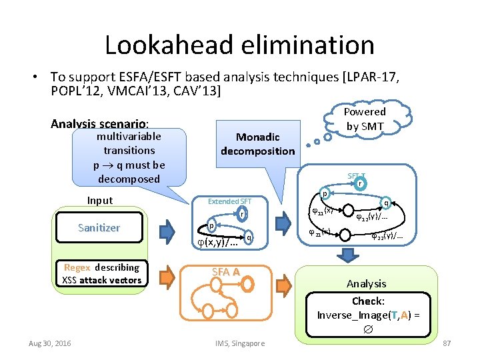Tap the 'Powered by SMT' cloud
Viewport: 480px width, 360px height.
[x=364, y=119]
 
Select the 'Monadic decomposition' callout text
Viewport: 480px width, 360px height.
[x=258, y=144]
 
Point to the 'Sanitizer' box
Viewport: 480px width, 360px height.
[x=99, y=228]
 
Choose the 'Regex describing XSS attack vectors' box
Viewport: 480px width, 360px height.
[x=101, y=273]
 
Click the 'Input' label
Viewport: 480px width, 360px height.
[x=100, y=201]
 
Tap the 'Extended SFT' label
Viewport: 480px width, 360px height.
[x=229, y=201]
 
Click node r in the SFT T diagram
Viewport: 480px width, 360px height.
[x=360, y=183]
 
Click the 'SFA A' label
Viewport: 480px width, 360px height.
[x=225, y=271]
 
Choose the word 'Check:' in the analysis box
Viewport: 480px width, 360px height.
[x=368, y=301]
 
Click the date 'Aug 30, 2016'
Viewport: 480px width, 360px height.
[x=51, y=343]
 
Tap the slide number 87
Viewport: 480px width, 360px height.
[x=447, y=343]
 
